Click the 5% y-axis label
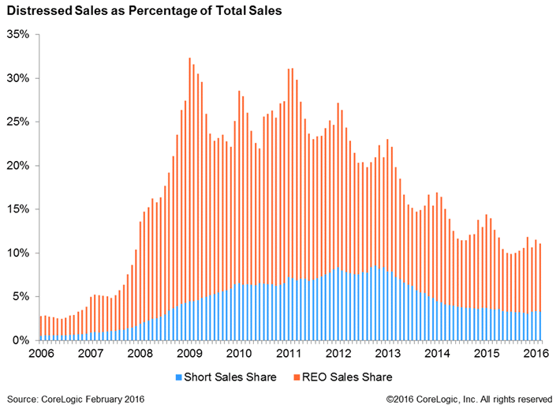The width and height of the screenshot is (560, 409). point(21,297)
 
